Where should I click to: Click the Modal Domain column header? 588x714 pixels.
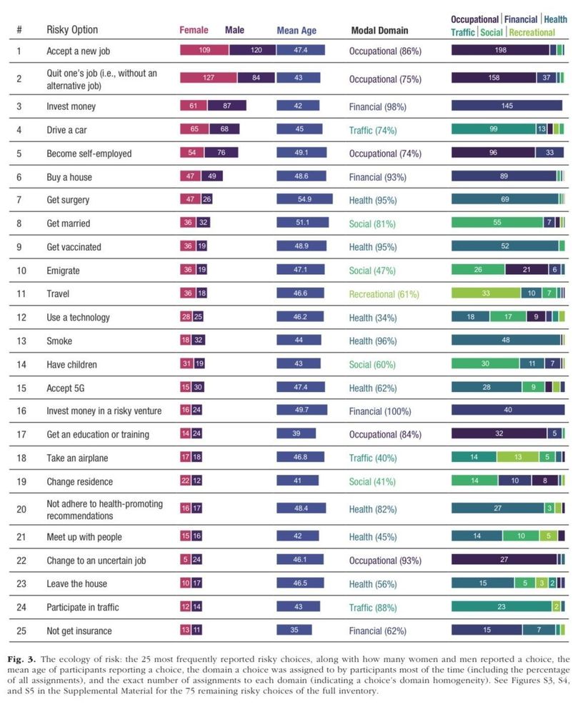coord(379,31)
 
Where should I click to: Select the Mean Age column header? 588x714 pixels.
coord(297,31)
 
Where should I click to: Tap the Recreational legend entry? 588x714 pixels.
coord(532,32)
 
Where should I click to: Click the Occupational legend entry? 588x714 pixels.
coord(474,19)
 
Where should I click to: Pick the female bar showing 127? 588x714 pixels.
coord(209,78)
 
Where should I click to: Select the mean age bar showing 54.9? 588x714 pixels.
coord(304,200)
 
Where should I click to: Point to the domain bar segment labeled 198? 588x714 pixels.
coord(500,50)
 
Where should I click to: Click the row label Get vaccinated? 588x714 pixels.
coord(74,247)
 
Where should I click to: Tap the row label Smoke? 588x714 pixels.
coord(59,341)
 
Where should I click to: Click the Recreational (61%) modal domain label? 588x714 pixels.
coord(384,294)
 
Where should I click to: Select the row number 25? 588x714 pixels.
coord(20,631)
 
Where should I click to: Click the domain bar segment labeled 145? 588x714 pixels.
coord(507,106)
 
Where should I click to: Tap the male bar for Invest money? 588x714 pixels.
coord(226,106)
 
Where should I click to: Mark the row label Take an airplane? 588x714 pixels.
coord(77,458)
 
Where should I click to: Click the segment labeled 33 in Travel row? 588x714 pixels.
coord(485,293)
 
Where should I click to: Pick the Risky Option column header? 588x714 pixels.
coord(72,30)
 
